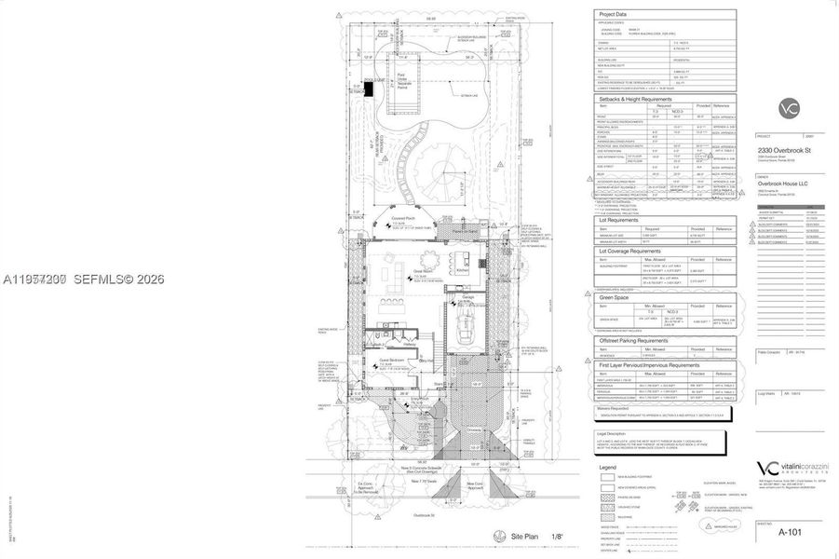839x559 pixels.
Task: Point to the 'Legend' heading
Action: [607, 468]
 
